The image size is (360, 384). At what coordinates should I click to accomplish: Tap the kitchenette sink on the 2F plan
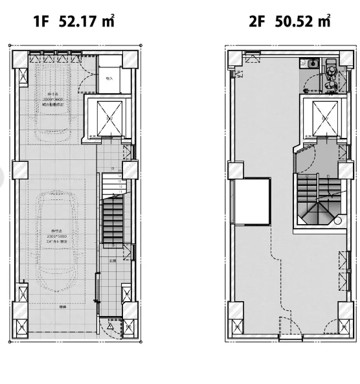point(312,63)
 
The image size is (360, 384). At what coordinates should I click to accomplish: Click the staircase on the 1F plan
point(114,220)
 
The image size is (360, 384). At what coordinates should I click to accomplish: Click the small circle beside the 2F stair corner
point(337,220)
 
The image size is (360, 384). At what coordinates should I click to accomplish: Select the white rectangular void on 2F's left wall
point(252,201)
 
